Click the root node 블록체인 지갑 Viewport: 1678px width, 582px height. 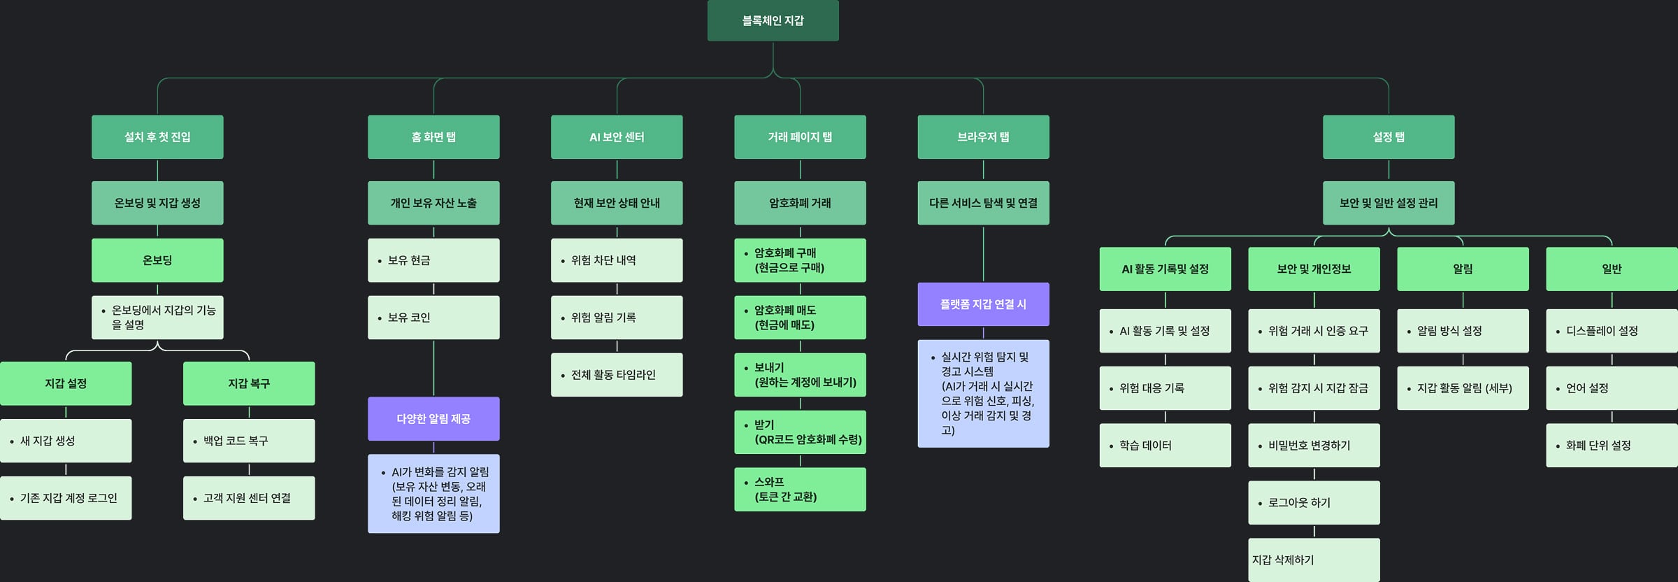[x=773, y=20]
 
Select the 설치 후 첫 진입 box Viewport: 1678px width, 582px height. [x=157, y=137]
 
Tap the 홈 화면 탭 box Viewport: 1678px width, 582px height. [x=433, y=137]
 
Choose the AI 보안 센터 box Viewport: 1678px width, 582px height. [x=617, y=137]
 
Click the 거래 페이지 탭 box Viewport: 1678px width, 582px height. [x=800, y=137]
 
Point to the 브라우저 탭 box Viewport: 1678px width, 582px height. [x=983, y=137]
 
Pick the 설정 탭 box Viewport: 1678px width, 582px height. [x=1389, y=137]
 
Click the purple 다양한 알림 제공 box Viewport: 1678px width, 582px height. [x=433, y=418]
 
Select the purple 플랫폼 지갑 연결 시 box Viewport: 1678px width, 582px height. [x=983, y=304]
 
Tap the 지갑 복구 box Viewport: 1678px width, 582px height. [x=249, y=383]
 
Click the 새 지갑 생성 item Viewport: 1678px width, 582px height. [x=66, y=441]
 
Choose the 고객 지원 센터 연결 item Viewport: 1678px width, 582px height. [x=249, y=498]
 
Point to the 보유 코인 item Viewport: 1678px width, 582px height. [x=433, y=318]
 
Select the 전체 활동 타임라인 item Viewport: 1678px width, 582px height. [x=617, y=375]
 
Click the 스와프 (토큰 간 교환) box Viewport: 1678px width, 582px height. [x=800, y=490]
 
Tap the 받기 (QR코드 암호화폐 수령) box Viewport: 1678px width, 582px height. [x=800, y=432]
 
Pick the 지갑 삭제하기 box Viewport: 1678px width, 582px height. [x=1314, y=560]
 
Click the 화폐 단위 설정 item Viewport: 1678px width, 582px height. [x=1612, y=445]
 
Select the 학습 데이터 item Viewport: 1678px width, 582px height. [x=1165, y=445]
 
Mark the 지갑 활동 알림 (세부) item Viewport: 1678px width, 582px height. [x=1463, y=388]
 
